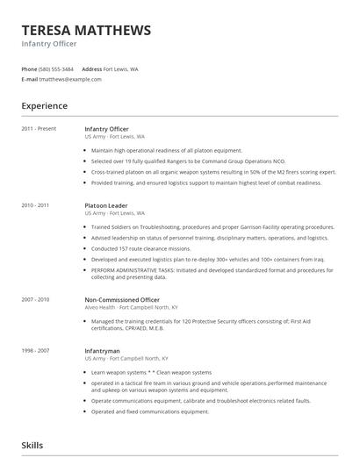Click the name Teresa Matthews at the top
click(x=86, y=30)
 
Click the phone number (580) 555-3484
click(x=56, y=68)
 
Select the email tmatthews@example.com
click(x=69, y=79)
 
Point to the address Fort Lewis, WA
click(x=120, y=68)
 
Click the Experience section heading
click(x=44, y=106)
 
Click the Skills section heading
click(x=33, y=447)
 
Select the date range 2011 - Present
click(x=39, y=129)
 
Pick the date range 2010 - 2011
click(x=36, y=205)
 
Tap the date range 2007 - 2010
click(x=36, y=300)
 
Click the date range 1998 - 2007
click(x=36, y=351)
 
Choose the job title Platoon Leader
click(x=106, y=205)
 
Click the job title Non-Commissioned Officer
click(x=122, y=300)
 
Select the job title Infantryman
click(x=102, y=351)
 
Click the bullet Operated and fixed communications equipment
click(x=150, y=411)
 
